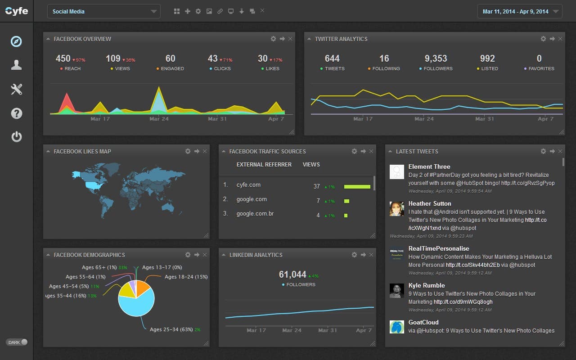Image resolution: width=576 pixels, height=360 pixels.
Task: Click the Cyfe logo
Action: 17,11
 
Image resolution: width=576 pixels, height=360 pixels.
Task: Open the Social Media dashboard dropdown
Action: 103,11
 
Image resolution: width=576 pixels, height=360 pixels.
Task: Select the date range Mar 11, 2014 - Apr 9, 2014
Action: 519,11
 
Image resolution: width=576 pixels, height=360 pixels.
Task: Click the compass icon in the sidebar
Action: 17,41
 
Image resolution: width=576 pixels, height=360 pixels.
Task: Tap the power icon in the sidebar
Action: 17,136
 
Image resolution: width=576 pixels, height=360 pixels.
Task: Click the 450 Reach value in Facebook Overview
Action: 63,58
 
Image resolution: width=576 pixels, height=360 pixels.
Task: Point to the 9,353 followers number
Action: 436,58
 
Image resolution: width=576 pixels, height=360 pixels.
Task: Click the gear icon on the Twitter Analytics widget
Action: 543,39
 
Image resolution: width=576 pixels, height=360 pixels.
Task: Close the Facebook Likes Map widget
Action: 205,151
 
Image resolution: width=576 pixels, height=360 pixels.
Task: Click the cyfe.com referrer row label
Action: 248,185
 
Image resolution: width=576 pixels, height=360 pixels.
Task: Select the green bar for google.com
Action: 346,201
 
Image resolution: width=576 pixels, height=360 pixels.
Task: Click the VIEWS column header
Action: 311,165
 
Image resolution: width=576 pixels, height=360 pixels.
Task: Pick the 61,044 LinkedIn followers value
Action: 292,274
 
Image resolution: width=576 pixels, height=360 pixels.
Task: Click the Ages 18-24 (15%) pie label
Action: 186,277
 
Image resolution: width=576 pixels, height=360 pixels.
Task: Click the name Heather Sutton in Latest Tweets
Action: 429,203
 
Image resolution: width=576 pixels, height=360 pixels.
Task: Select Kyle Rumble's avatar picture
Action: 396,291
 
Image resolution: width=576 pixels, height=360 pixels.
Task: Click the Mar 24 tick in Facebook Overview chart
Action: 159,119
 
